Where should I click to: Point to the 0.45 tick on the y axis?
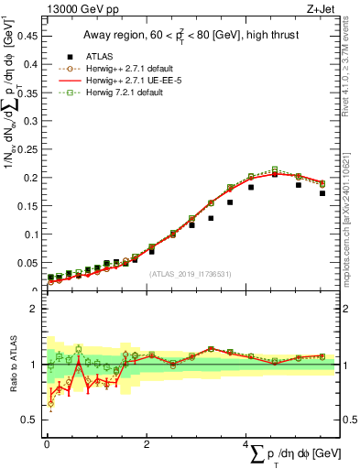tap(30, 37)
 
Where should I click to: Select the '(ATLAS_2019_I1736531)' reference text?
tap(191, 273)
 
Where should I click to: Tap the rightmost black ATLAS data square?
tap(322, 193)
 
